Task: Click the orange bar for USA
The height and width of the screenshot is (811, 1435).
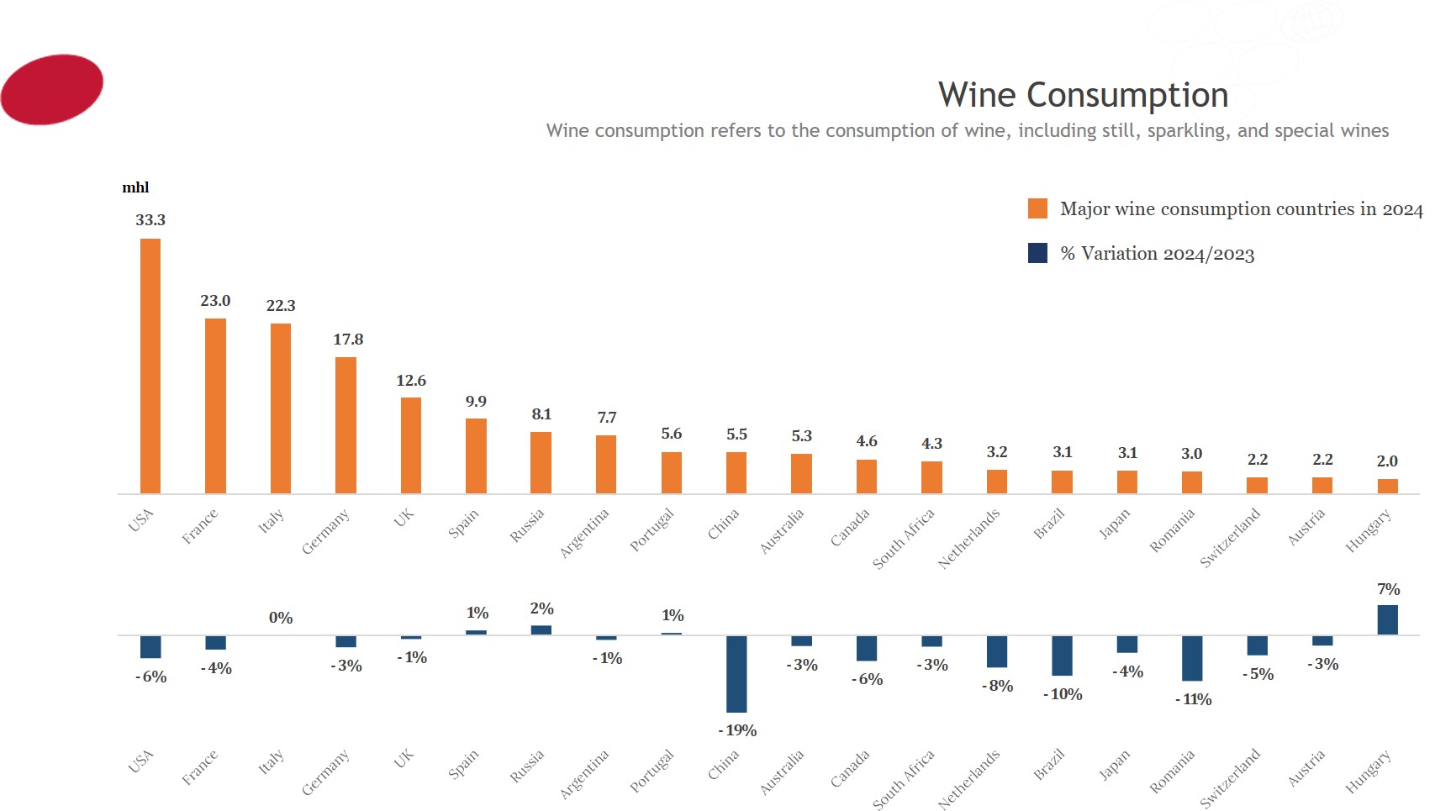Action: pos(150,366)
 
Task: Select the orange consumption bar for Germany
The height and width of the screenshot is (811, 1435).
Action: pos(346,425)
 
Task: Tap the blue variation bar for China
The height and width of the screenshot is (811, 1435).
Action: pos(736,674)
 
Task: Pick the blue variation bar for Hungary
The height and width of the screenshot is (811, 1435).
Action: pos(1387,620)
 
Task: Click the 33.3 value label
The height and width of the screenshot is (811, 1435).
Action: pos(150,220)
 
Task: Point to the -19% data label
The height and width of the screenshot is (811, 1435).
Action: pos(737,730)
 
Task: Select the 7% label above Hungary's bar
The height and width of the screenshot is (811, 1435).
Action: pos(1388,589)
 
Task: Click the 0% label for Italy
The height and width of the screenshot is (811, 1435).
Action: pos(281,618)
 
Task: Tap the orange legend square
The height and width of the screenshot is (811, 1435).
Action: pos(1037,208)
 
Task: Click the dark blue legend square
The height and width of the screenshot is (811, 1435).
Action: pos(1037,253)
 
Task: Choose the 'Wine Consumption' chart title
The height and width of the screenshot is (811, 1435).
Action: pos(1083,95)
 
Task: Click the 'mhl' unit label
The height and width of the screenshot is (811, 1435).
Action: pos(135,187)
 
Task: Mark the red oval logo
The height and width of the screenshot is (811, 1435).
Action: pos(52,89)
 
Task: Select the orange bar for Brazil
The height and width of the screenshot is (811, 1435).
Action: pos(1062,482)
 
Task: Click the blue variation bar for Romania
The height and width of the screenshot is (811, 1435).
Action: pos(1192,658)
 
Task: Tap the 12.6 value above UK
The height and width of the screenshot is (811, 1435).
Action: pos(411,381)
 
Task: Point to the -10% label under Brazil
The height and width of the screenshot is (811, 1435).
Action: pos(1063,694)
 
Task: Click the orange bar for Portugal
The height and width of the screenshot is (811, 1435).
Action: pos(672,472)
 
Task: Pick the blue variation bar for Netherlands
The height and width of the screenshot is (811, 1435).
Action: pos(997,651)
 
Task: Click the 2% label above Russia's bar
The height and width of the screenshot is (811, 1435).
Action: pos(541,608)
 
